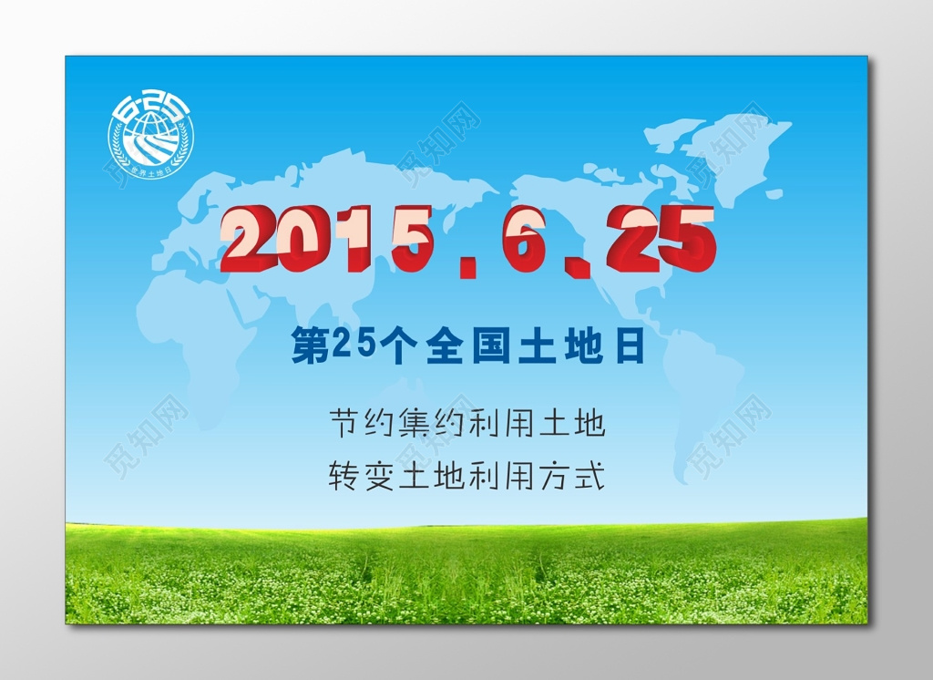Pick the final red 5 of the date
point(686,240)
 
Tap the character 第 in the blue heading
point(309,347)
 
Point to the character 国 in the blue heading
point(493,347)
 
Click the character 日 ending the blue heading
point(629,347)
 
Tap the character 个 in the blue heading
point(393,347)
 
